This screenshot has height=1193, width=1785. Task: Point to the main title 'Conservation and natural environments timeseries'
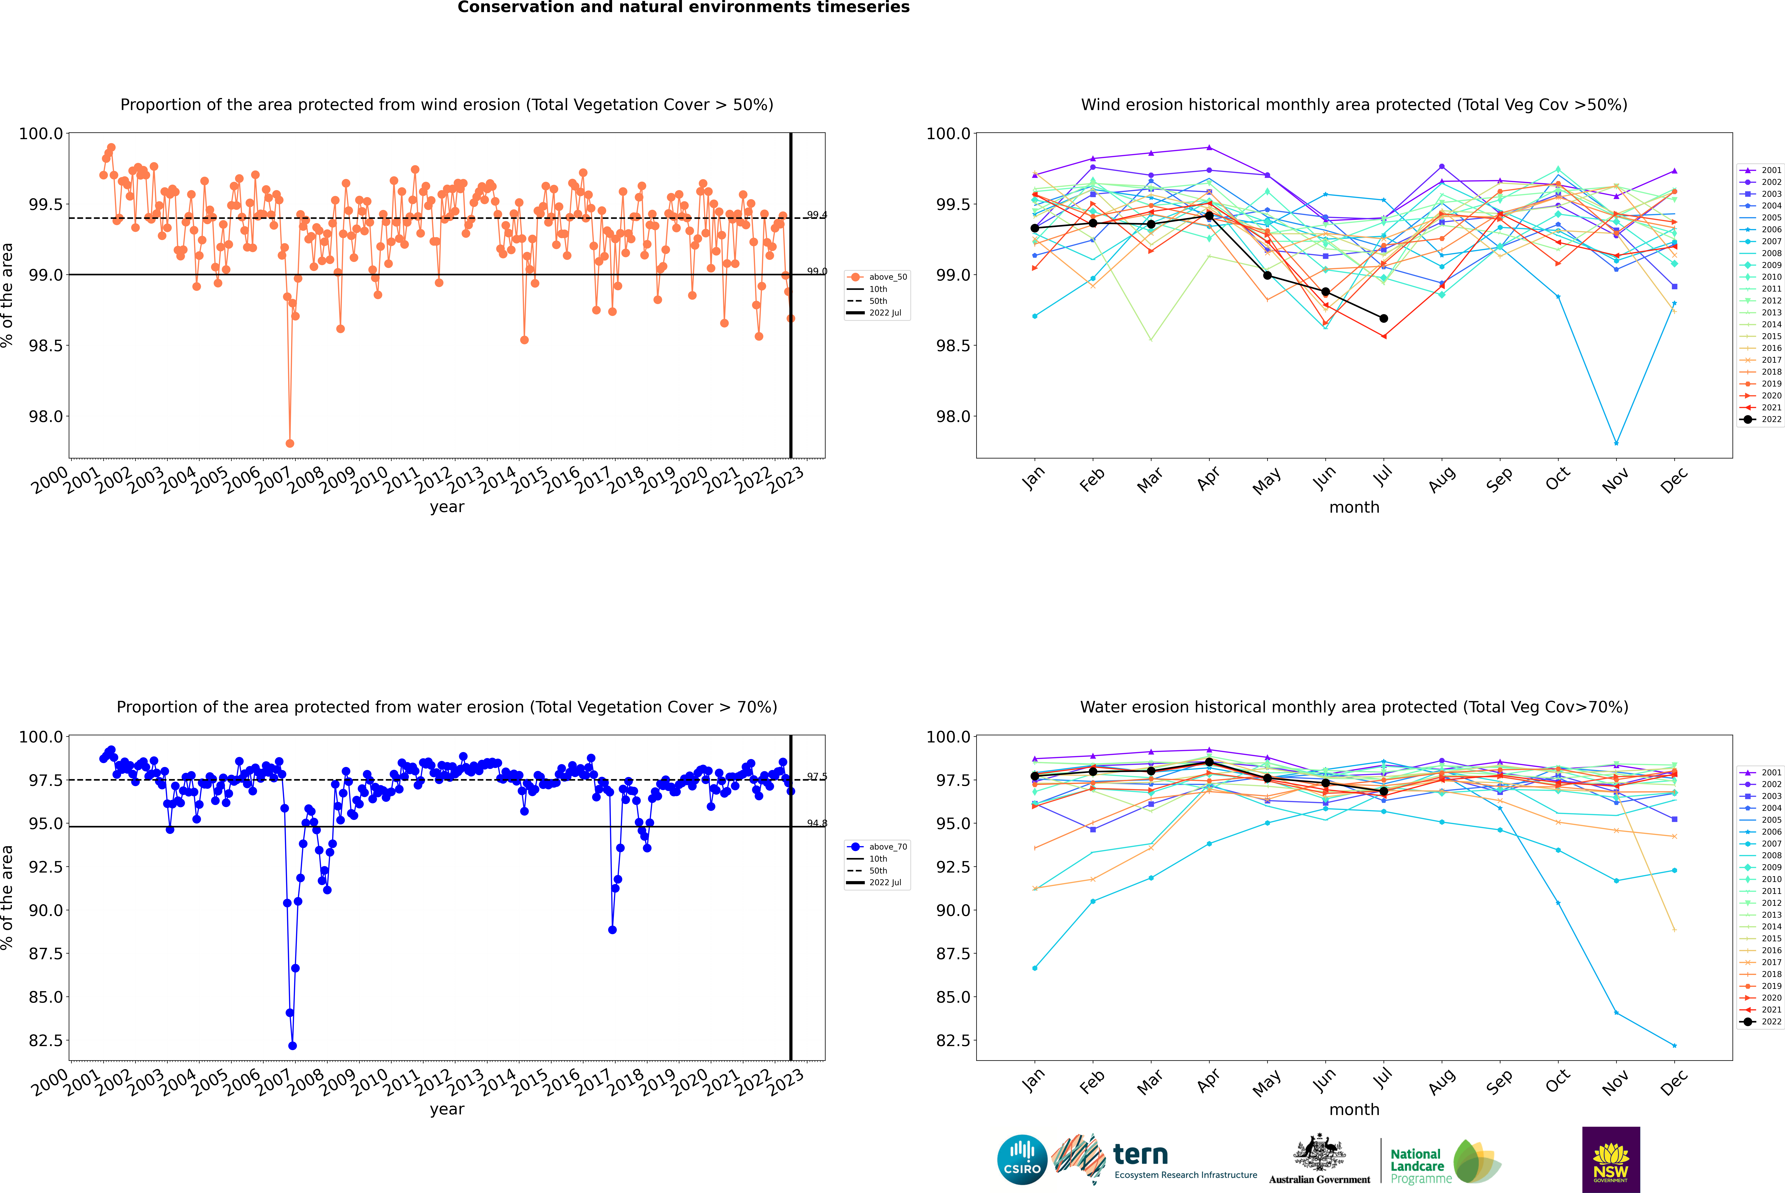point(683,8)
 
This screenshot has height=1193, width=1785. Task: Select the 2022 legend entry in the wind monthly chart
point(1762,419)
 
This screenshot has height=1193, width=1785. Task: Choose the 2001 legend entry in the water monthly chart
point(1762,772)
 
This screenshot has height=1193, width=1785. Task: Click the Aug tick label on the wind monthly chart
point(1442,479)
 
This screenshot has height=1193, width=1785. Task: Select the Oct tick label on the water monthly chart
point(1557,1081)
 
